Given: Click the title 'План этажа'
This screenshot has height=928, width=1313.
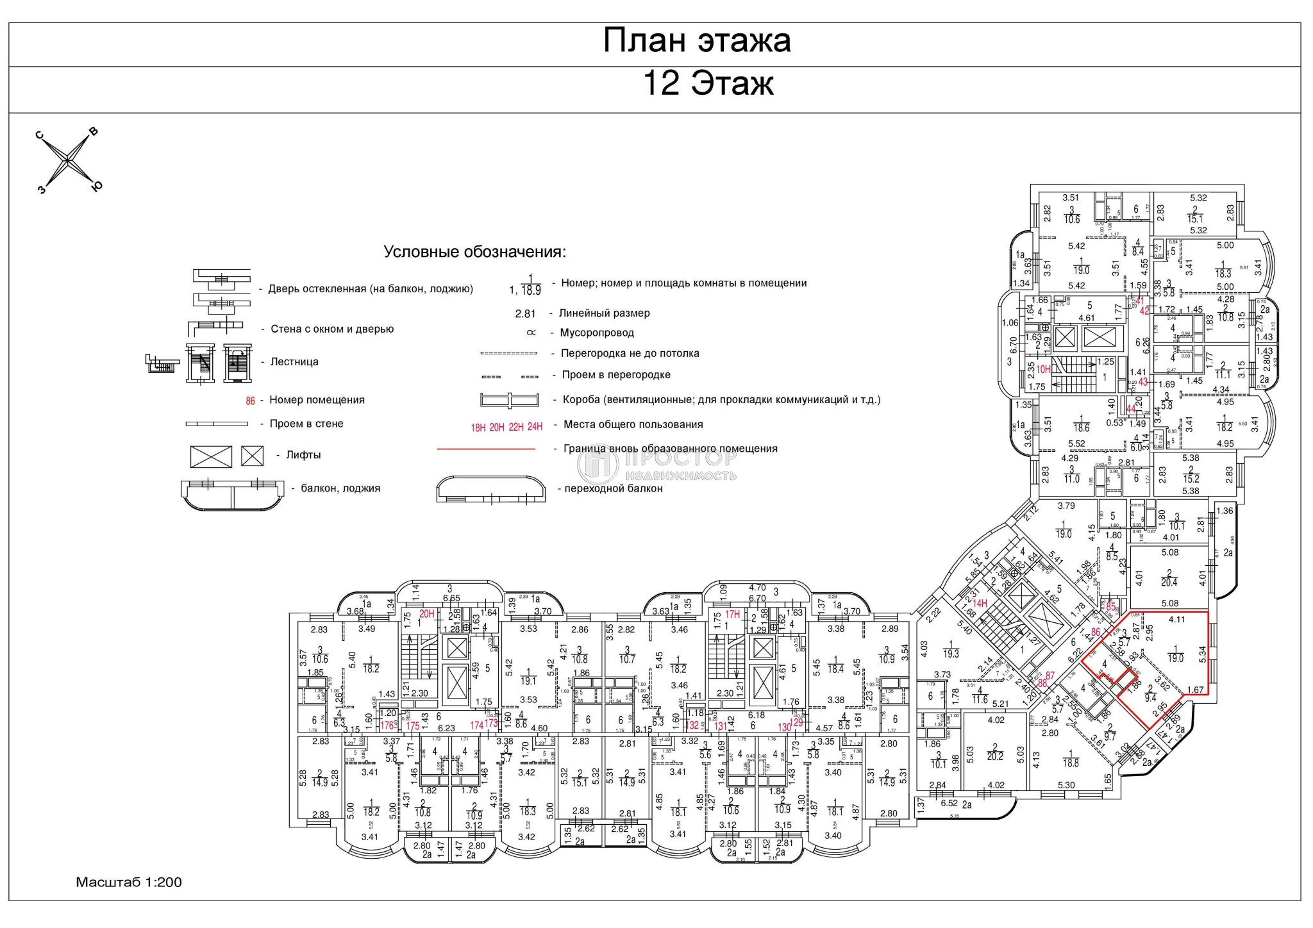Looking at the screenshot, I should pos(697,40).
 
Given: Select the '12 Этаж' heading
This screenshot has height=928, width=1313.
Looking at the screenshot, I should pos(708,83).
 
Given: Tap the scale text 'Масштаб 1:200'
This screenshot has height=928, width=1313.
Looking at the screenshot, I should pos(129,882).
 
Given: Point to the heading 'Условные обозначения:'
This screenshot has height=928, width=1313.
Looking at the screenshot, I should pos(474,252).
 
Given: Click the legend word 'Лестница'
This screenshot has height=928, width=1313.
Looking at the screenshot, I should pos(294,361).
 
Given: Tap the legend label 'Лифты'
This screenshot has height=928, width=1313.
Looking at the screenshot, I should pos(303,455).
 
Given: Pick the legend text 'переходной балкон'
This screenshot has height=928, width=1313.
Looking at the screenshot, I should pos(614,488).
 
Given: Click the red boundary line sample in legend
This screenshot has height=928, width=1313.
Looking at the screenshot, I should pos(485,449).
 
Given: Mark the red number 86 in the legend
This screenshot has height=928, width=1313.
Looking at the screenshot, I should pos(250,401).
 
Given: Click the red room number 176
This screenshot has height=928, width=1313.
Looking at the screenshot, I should pos(387,726).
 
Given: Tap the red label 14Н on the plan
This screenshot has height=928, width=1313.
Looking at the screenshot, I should pos(979,603).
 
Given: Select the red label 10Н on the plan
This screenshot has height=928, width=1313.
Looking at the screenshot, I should pos(1044,369).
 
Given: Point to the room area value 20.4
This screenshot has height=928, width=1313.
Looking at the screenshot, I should pos(1169,583).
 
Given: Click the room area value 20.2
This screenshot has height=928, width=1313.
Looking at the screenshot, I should pos(995,756).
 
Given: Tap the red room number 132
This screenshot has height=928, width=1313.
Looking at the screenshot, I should pos(693,726).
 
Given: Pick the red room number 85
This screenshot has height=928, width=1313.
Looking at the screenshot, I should pos(1111,606).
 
